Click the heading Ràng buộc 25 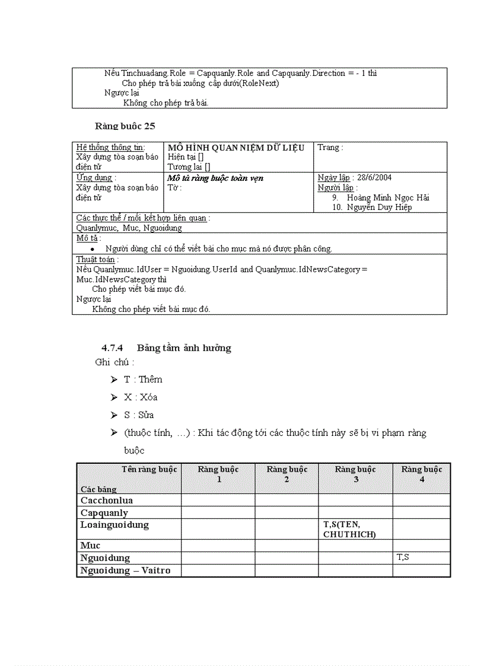click(x=125, y=126)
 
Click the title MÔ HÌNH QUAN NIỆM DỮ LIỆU click(x=236, y=147)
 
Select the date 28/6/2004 click(x=374, y=177)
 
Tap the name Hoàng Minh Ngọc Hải click(x=388, y=197)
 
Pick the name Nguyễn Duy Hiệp click(x=380, y=208)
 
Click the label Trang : click(x=330, y=147)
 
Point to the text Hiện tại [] click(x=186, y=157)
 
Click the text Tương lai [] click(x=189, y=167)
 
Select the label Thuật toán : click(x=97, y=259)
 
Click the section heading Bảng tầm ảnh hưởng click(x=184, y=348)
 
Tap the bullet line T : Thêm click(x=143, y=380)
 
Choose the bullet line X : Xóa click(x=141, y=397)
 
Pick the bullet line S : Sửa click(x=139, y=415)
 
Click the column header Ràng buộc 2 click(x=286, y=474)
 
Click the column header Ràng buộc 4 click(x=422, y=474)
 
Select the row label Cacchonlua click(x=107, y=500)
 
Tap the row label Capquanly click(x=104, y=512)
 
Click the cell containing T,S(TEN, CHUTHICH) click(x=350, y=529)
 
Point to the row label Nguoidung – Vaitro click(x=125, y=571)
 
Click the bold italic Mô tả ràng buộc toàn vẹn click(x=215, y=178)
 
